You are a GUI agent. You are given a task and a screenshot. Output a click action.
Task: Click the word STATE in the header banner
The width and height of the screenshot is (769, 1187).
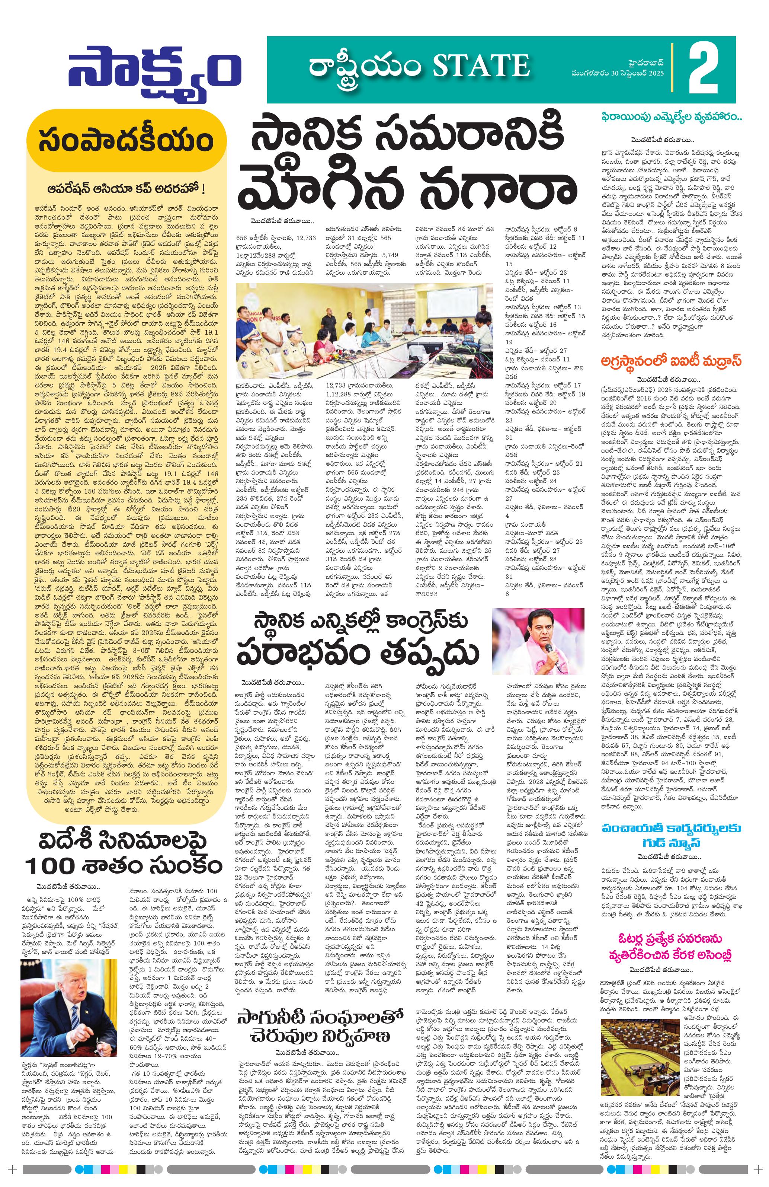point(481,66)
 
